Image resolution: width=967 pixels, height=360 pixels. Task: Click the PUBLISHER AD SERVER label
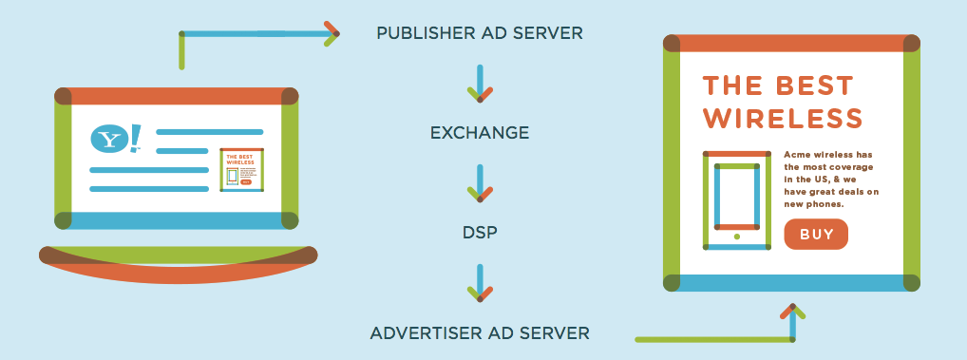coord(480,33)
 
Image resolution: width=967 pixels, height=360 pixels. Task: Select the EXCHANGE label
coord(480,133)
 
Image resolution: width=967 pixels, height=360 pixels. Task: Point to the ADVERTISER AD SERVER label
coord(480,333)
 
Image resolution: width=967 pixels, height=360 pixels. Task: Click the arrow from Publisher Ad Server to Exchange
coord(480,84)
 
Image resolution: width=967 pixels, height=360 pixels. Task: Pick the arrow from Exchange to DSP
coord(480,183)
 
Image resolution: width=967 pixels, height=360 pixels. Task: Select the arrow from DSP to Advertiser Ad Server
coord(480,283)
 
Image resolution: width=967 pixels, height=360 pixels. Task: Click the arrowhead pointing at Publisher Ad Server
coord(332,33)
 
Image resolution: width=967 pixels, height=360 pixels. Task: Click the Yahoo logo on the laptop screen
coord(114,139)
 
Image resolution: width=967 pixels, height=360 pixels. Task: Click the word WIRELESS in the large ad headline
coord(782,119)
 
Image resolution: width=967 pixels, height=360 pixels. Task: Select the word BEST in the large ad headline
coord(815,85)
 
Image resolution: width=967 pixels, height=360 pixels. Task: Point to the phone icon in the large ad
coord(736,200)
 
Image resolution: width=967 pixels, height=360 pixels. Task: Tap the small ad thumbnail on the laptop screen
coord(241,170)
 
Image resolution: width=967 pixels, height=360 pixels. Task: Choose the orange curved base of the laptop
coord(179,272)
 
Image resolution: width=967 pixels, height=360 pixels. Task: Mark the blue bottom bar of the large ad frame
coord(792,283)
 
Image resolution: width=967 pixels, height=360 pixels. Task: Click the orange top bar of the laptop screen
coord(178,96)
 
